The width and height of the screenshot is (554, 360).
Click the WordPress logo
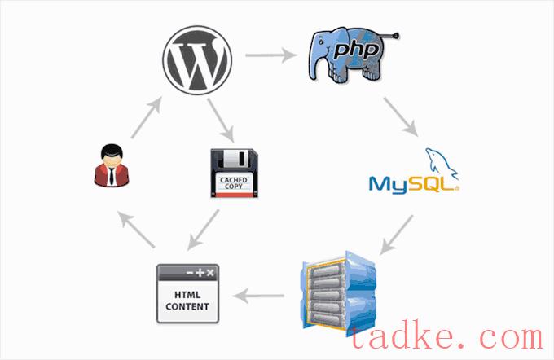(197, 61)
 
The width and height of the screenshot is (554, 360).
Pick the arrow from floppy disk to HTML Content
(204, 229)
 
